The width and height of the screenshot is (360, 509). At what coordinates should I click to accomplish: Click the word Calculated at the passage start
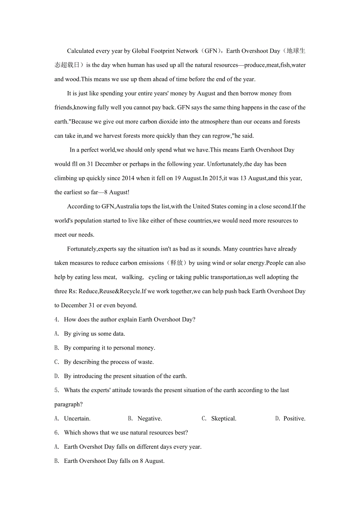(81, 51)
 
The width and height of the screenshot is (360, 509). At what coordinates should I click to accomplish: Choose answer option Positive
(294, 419)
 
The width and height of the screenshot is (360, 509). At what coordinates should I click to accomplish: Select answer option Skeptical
(224, 419)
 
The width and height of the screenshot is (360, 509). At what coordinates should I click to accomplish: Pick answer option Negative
(150, 419)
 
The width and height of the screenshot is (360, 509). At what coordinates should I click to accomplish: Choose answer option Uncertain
(77, 419)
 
